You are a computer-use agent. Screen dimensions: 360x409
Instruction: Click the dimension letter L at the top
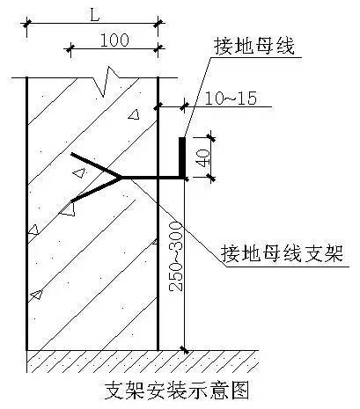pyautogui.click(x=94, y=15)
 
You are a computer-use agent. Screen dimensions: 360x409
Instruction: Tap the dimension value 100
pyautogui.click(x=114, y=40)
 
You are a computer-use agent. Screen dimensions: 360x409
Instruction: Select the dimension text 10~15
pyautogui.click(x=231, y=99)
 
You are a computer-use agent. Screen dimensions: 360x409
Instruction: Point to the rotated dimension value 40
pyautogui.click(x=204, y=158)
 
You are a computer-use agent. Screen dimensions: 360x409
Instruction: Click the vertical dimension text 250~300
pyautogui.click(x=176, y=257)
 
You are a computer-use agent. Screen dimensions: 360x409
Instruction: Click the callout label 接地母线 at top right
pyautogui.click(x=254, y=47)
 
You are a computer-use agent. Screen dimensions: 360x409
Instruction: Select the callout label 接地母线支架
pyautogui.click(x=282, y=253)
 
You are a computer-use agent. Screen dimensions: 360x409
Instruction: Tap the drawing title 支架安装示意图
pyautogui.click(x=177, y=391)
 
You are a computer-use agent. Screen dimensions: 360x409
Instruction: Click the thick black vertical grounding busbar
pyautogui.click(x=182, y=157)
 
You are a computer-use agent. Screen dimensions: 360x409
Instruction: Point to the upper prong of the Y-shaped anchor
pyautogui.click(x=96, y=165)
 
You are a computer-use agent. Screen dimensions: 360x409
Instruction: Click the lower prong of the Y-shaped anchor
pyautogui.click(x=96, y=190)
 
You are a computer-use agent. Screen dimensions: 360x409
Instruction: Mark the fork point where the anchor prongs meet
pyautogui.click(x=121, y=178)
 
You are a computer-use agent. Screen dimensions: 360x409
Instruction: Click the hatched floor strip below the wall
pyautogui.click(x=143, y=362)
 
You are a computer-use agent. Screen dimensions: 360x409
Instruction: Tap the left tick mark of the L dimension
pyautogui.click(x=26, y=23)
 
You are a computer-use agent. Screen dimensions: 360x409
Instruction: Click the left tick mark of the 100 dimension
pyautogui.click(x=70, y=48)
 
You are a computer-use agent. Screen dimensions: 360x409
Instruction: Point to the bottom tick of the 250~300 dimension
pyautogui.click(x=184, y=350)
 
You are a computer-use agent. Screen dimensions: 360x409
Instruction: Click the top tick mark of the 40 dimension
pyautogui.click(x=210, y=137)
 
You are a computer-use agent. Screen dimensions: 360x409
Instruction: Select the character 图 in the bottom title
pyautogui.click(x=239, y=391)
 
